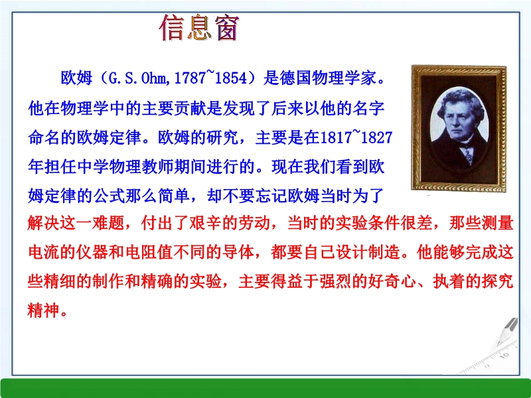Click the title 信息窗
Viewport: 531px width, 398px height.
[x=199, y=29]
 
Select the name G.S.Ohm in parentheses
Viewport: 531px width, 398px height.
[x=138, y=78]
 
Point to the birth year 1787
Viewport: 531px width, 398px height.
[x=190, y=78]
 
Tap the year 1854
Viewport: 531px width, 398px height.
[x=231, y=78]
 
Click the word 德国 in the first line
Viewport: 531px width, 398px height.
[x=295, y=78]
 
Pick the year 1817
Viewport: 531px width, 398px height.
[x=336, y=137]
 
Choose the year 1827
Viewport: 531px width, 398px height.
[x=376, y=137]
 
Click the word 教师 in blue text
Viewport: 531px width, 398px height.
[x=157, y=167]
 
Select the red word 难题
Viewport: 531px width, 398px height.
[x=109, y=223]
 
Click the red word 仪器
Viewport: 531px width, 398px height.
[x=92, y=253]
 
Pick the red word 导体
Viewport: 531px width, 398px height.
[x=239, y=253]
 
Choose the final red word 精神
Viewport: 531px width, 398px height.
[x=44, y=310]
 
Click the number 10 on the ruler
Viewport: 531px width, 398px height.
[x=504, y=356]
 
